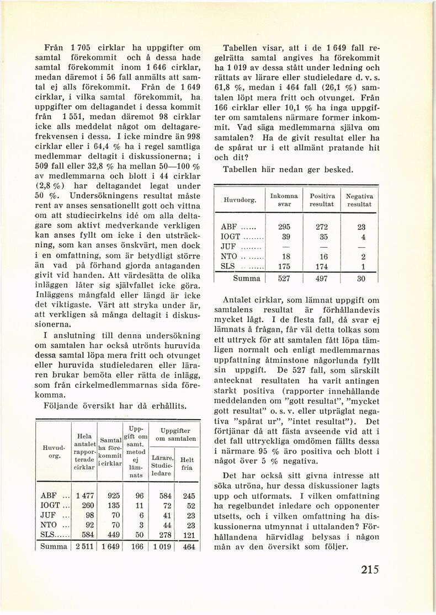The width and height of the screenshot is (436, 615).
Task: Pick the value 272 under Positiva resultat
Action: [x=322, y=227]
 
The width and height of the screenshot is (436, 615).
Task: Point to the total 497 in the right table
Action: [x=322, y=279]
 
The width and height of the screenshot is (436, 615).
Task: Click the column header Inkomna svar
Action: [x=284, y=200]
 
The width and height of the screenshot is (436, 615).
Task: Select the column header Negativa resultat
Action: [x=359, y=200]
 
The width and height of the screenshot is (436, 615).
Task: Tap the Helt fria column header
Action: [x=188, y=463]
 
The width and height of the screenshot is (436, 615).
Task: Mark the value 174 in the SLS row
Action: [x=322, y=266]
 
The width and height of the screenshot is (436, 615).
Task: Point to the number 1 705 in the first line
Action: [x=83, y=48]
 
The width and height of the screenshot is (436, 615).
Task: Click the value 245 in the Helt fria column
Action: [x=189, y=495]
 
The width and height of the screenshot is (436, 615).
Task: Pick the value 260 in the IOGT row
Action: [x=87, y=505]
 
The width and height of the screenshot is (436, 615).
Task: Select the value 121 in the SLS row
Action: [x=189, y=534]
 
